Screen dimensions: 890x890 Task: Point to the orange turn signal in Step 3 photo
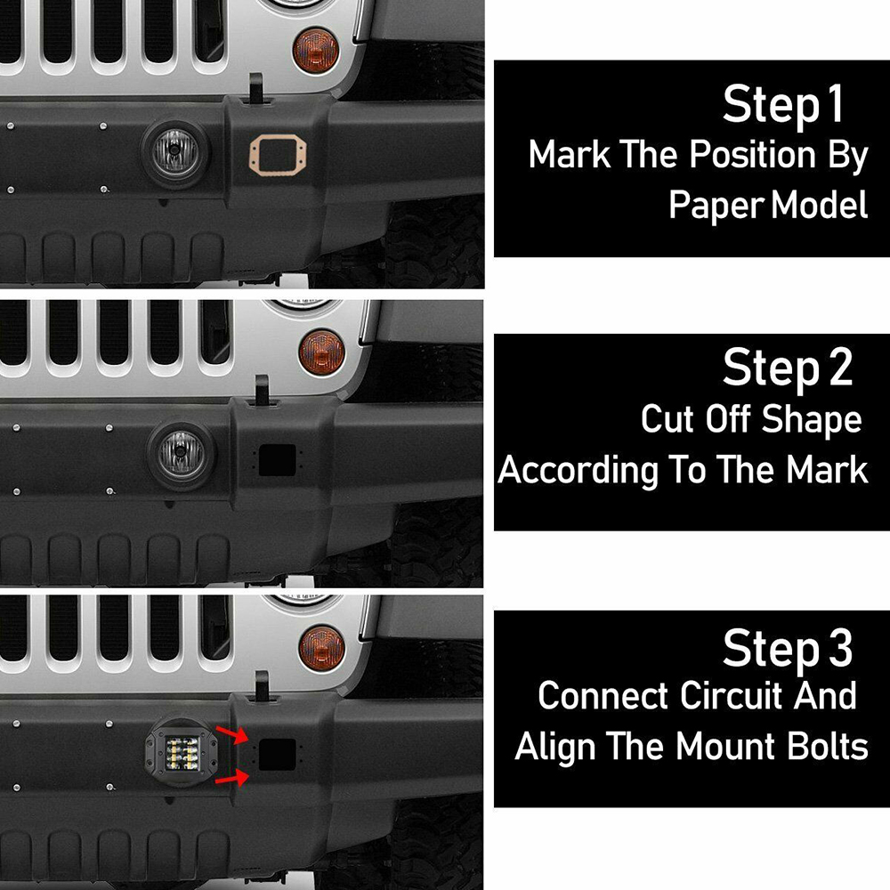pos(321,648)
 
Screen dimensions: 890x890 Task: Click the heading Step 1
pos(782,105)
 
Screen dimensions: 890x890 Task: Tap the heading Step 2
pos(787,368)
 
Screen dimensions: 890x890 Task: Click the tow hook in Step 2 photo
pos(264,389)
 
